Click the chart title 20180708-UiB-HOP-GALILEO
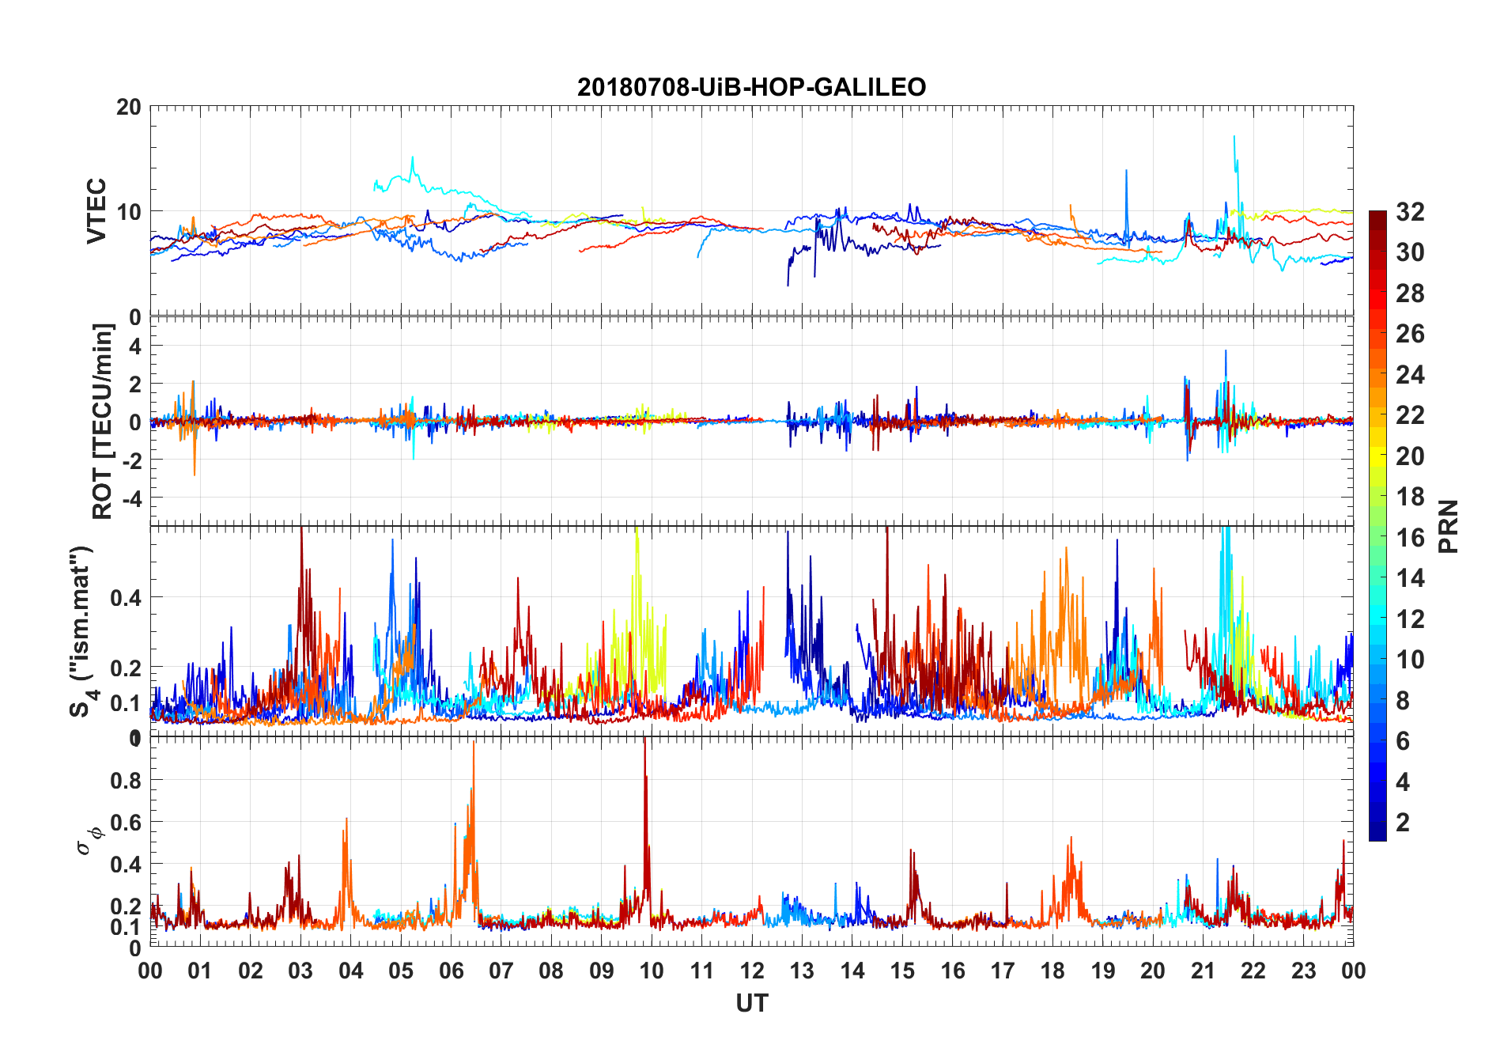point(751,87)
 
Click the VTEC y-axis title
point(96,210)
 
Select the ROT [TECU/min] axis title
point(103,421)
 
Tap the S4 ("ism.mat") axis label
point(82,631)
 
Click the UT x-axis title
point(751,1004)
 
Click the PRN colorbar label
point(1448,526)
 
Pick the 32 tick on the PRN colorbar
point(1410,212)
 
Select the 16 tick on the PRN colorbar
point(1410,538)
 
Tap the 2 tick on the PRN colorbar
point(1403,823)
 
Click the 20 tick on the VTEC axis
point(129,107)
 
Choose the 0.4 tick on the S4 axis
point(126,598)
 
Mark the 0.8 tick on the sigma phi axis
point(126,781)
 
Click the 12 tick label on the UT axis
point(751,971)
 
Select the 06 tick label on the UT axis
point(451,971)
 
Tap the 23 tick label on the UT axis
point(1303,971)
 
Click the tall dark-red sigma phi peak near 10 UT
point(644,740)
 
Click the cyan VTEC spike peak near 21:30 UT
point(1234,137)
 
